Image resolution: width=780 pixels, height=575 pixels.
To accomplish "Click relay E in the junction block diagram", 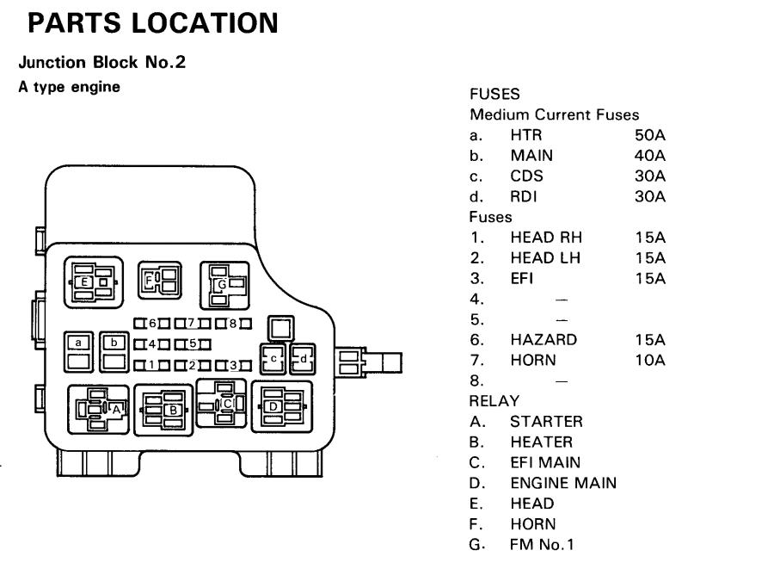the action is (94, 281).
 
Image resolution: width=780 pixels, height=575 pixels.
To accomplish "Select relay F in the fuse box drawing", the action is (160, 281).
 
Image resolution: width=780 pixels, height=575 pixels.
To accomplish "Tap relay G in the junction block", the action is (224, 285).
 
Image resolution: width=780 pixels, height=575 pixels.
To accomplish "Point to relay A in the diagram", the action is (99, 409).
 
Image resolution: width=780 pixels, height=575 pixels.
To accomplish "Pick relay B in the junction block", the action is (163, 411).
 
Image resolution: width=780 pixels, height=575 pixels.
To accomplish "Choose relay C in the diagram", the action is (222, 403).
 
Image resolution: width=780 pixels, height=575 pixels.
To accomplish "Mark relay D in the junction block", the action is (283, 407).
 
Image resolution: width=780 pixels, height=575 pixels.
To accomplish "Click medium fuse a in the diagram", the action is (78, 352).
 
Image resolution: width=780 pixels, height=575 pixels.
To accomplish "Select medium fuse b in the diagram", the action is (114, 352).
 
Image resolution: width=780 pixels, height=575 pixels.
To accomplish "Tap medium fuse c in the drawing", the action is (273, 359).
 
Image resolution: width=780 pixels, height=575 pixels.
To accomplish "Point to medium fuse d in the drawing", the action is (303, 359).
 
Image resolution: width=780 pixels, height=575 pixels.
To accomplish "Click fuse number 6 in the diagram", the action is (152, 324).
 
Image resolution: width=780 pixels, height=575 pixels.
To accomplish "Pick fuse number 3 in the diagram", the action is (233, 366).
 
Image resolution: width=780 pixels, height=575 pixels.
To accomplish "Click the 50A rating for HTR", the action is (649, 135).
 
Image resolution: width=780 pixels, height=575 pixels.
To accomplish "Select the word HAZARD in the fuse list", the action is (544, 339).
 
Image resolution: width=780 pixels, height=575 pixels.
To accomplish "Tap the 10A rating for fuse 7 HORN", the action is (649, 360).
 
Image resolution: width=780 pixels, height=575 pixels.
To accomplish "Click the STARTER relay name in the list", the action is (546, 422).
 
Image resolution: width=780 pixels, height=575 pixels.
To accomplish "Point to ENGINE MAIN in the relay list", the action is (563, 483).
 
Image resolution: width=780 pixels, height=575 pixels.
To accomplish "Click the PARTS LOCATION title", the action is (153, 23).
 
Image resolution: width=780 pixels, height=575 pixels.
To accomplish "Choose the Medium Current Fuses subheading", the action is (554, 114).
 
